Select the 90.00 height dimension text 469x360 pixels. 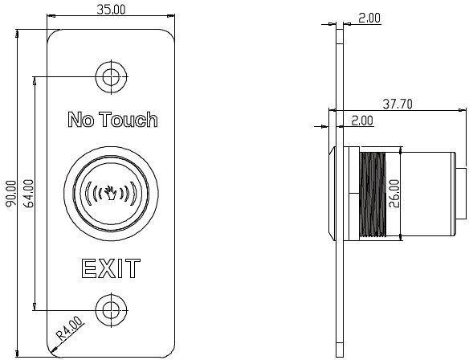click(x=10, y=193)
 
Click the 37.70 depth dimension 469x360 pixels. click(x=398, y=104)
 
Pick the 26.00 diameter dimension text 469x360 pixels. click(x=394, y=193)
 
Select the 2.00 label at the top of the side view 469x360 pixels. click(x=369, y=17)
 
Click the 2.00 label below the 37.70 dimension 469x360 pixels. click(x=361, y=121)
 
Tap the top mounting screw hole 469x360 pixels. click(x=110, y=76)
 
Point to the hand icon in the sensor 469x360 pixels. click(x=110, y=194)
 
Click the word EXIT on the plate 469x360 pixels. click(x=110, y=268)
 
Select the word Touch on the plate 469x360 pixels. click(x=128, y=121)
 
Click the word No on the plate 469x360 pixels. click(x=80, y=121)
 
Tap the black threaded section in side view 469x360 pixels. click(x=370, y=193)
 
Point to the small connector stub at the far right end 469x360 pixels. click(x=461, y=193)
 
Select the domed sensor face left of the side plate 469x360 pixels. click(x=331, y=193)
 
